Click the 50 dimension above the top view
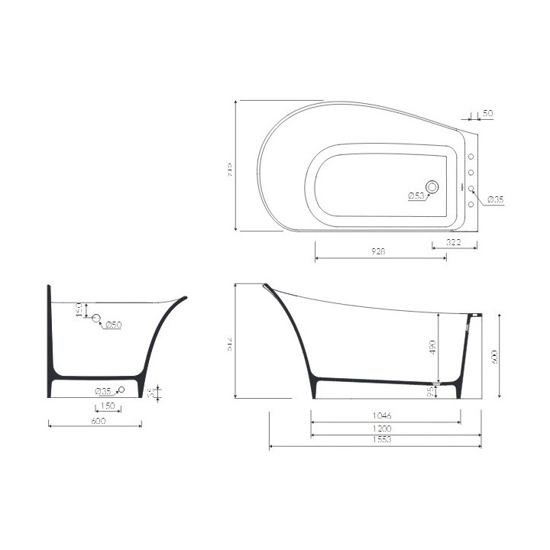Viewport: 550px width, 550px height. click(x=488, y=113)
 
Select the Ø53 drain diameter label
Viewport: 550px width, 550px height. click(x=416, y=196)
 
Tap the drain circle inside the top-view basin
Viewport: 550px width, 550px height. click(x=433, y=186)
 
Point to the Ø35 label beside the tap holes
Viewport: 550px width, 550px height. click(x=496, y=199)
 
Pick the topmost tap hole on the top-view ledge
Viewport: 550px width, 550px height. click(x=471, y=157)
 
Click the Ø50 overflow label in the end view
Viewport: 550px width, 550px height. click(x=113, y=326)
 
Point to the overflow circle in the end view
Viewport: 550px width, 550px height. click(x=95, y=319)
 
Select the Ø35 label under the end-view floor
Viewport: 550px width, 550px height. click(x=105, y=392)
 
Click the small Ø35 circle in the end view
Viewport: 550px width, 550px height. click(x=121, y=390)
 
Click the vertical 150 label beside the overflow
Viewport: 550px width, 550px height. click(x=79, y=309)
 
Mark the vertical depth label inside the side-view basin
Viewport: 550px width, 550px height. click(x=432, y=348)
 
